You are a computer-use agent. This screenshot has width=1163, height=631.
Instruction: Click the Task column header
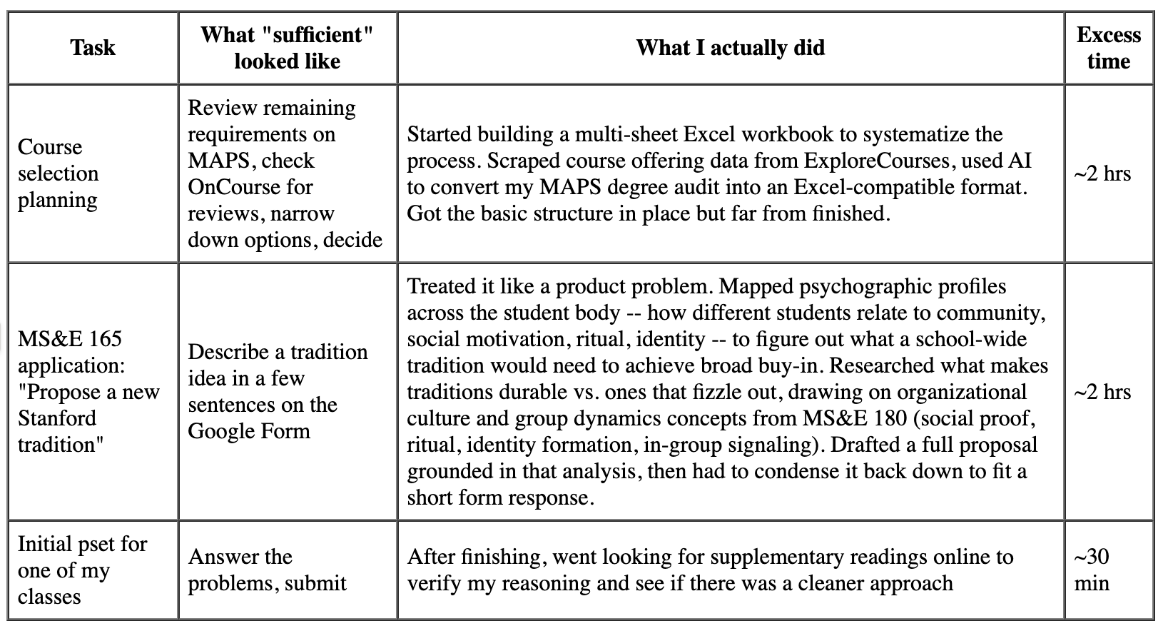click(93, 48)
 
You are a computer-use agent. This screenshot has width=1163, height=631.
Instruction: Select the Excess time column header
click(1108, 48)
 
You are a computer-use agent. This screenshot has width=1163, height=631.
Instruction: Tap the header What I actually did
click(730, 48)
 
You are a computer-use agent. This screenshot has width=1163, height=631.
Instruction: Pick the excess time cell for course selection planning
click(1102, 173)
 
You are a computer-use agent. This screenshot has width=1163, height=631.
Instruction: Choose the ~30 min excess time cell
click(1092, 570)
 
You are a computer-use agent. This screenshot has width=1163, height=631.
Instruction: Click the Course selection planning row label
click(59, 173)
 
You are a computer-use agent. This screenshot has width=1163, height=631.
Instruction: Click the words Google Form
click(249, 431)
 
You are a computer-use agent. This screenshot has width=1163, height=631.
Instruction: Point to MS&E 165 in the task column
click(70, 339)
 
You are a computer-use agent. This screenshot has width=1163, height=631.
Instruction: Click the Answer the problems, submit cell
click(267, 570)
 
